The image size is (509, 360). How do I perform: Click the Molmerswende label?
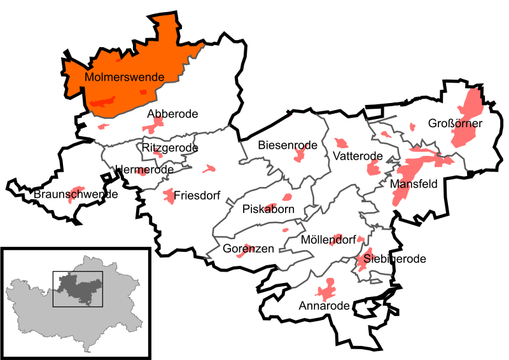pyautogui.click(x=124, y=77)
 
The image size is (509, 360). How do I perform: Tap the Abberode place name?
pyautogui.click(x=172, y=114)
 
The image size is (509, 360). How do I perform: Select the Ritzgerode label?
pyautogui.click(x=170, y=148)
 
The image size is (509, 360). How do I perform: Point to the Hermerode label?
pyautogui.click(x=144, y=170)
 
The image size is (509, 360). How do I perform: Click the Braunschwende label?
pyautogui.click(x=76, y=194)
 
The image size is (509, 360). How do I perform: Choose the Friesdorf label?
pyautogui.click(x=197, y=196)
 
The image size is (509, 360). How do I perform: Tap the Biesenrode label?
pyautogui.click(x=288, y=146)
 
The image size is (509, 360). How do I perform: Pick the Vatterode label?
pyautogui.click(x=357, y=156)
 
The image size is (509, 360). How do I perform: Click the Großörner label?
pyautogui.click(x=456, y=123)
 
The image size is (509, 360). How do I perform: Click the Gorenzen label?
pyautogui.click(x=248, y=249)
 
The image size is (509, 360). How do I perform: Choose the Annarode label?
pyautogui.click(x=324, y=306)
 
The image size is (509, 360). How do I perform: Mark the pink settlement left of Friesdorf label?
pyautogui.click(x=169, y=196)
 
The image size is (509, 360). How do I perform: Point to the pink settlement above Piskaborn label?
pyautogui.click(x=287, y=197)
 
